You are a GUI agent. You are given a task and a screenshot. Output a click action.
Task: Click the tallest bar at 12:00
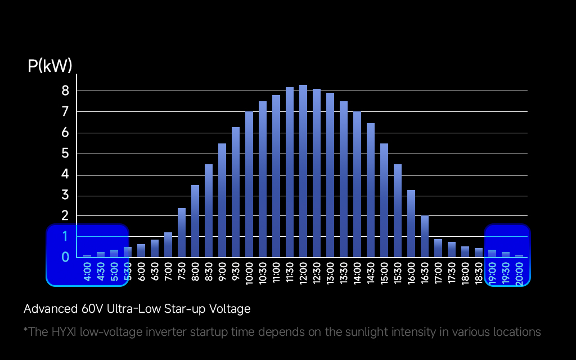303,172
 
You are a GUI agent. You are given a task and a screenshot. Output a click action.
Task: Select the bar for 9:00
222,200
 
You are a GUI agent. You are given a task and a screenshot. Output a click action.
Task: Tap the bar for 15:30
398,211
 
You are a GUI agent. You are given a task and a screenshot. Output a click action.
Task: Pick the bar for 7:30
182,233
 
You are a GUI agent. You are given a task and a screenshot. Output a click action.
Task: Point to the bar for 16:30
425,237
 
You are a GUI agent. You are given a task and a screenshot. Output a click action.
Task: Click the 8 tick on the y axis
65,91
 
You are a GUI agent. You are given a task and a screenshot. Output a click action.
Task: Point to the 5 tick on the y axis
65,154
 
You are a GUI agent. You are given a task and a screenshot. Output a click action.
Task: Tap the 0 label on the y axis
65,257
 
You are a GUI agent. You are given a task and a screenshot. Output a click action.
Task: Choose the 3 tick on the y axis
65,196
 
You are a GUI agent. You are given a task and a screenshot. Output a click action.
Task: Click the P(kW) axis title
50,66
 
